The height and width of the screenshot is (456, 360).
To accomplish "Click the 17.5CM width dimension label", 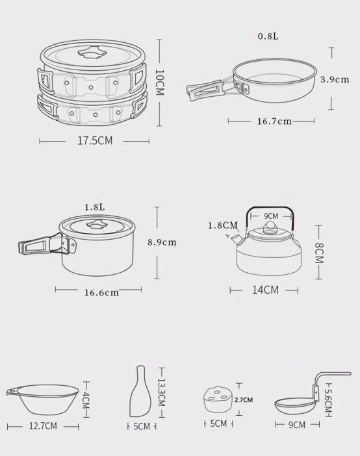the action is click(x=95, y=141).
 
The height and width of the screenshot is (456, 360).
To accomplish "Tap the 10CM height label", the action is click(x=160, y=82).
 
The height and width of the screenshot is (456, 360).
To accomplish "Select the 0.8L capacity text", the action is click(x=268, y=36).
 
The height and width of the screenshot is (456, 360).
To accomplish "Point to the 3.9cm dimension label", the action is click(x=335, y=79).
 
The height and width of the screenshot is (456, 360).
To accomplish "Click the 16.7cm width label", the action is click(x=274, y=121).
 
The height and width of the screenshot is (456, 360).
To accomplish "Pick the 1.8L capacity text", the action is click(x=95, y=207).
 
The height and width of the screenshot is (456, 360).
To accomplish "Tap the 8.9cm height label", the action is click(x=162, y=242).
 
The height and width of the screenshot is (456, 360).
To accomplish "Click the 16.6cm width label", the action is click(x=101, y=292).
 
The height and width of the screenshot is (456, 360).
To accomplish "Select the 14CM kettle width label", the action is click(x=265, y=290).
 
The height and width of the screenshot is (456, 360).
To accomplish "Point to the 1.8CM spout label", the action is click(x=223, y=225).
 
